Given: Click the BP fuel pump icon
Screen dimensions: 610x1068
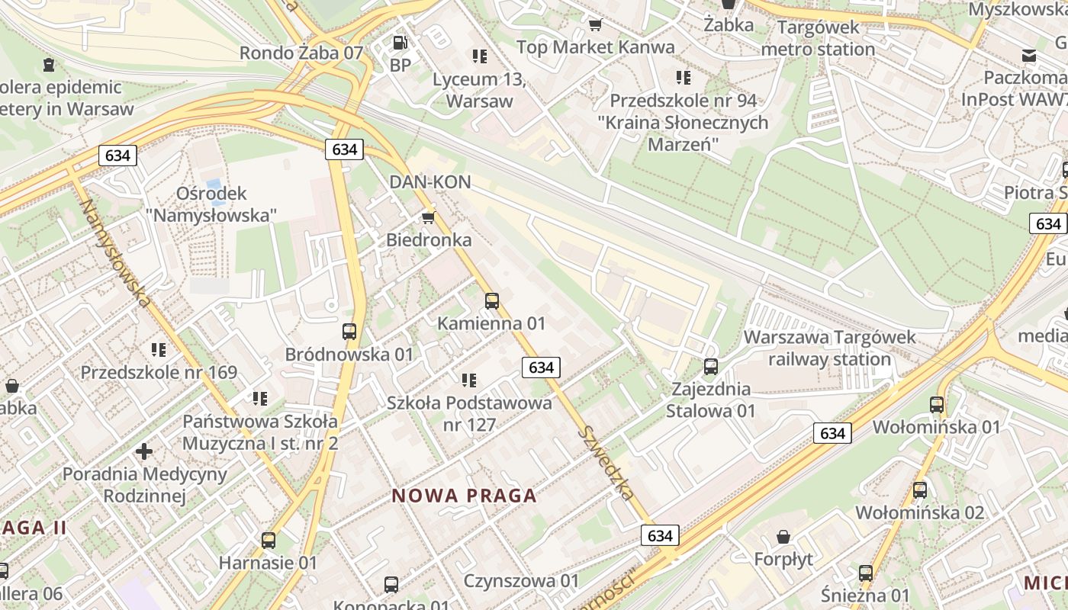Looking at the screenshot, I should click(x=400, y=43).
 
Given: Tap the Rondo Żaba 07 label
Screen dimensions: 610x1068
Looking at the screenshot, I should click(x=301, y=53).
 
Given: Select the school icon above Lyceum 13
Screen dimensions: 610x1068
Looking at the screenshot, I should click(x=480, y=56).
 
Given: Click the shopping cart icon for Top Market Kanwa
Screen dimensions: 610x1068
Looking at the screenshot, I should click(x=595, y=24).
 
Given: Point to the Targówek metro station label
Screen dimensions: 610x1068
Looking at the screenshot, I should click(x=819, y=38).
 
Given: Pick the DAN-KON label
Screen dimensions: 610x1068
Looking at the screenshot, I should click(x=429, y=182).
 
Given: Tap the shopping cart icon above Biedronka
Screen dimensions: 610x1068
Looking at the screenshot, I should click(x=429, y=217).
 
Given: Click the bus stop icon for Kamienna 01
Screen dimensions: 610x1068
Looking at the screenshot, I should click(x=492, y=301).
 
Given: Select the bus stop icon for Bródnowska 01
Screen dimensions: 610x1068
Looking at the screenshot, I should click(x=349, y=332).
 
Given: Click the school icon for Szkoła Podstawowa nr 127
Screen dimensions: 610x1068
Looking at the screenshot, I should click(x=469, y=380).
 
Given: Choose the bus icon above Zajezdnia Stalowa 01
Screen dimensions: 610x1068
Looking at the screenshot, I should click(x=711, y=367).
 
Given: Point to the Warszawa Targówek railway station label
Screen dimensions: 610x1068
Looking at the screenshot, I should click(x=829, y=348).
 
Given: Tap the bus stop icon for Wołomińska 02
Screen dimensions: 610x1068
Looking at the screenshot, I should click(x=920, y=490).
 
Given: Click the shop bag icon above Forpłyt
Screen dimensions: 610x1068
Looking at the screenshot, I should click(x=783, y=538).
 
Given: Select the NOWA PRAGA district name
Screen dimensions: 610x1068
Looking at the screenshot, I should click(x=465, y=496).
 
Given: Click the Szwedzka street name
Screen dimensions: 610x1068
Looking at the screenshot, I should click(x=606, y=462).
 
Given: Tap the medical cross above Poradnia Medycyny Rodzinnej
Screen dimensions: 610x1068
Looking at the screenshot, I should click(x=144, y=451).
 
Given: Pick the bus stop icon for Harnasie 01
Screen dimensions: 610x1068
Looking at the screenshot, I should click(x=268, y=541).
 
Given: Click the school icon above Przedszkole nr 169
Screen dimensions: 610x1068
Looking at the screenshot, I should click(x=159, y=350).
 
